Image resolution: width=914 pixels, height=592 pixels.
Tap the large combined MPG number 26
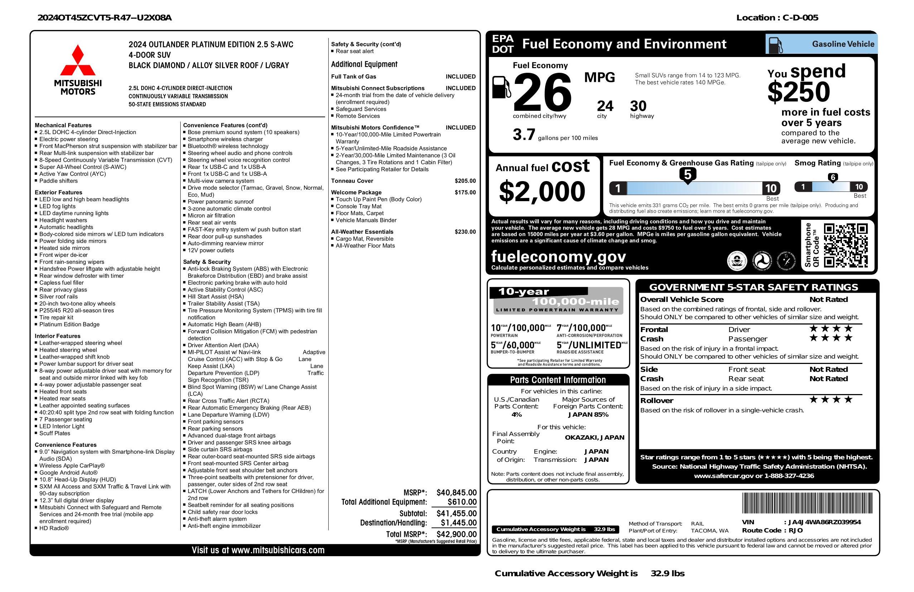click(x=542, y=92)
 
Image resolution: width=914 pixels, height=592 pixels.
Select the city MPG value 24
click(x=605, y=106)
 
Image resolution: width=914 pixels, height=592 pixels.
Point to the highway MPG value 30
click(x=638, y=106)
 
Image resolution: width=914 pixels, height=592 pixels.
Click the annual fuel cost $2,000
click(x=542, y=191)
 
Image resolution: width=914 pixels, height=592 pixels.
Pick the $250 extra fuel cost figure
click(x=799, y=92)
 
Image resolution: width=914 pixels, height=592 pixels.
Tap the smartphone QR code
click(x=846, y=245)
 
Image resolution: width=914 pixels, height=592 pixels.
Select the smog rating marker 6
click(x=833, y=177)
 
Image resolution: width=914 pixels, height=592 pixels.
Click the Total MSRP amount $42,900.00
click(x=456, y=534)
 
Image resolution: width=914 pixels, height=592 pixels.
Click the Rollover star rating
click(x=831, y=400)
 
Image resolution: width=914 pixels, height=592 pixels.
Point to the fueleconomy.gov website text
click(x=558, y=256)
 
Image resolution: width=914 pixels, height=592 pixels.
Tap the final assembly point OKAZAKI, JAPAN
click(x=594, y=437)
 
